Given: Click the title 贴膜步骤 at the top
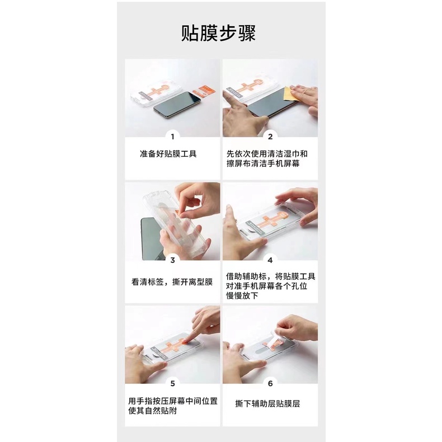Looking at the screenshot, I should click(218, 32).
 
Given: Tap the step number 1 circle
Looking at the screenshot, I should click(172, 136).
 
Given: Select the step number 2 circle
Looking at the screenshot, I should click(270, 136).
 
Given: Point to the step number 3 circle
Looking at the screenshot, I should click(172, 260).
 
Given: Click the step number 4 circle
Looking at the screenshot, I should click(270, 260).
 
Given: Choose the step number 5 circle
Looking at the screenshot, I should click(172, 383).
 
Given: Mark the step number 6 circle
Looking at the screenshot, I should click(270, 383).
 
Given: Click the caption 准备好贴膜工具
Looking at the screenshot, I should click(168, 153).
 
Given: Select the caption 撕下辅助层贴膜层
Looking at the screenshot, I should click(267, 403).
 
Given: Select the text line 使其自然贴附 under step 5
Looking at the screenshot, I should click(154, 412).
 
